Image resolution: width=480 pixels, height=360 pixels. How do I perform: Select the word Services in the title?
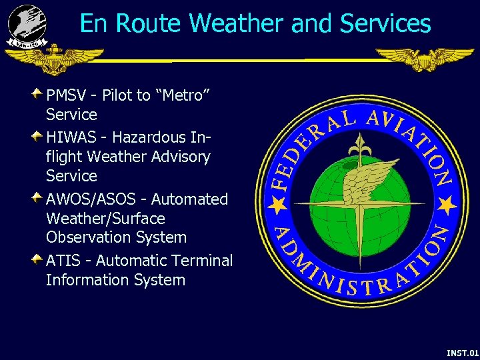pyautogui.click(x=385, y=24)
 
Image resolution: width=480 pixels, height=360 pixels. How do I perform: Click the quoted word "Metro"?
pyautogui.click(x=183, y=95)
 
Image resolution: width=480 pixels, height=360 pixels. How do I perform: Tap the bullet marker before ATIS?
pyautogui.click(x=38, y=257)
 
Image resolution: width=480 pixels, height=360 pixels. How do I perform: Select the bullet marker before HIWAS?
pyautogui.click(x=38, y=135)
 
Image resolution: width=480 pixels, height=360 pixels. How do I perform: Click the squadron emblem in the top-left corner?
pyautogui.click(x=27, y=25)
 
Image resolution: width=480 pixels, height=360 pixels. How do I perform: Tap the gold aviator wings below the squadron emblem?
pyautogui.click(x=55, y=59)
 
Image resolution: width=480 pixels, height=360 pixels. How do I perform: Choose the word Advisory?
pyautogui.click(x=182, y=157)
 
